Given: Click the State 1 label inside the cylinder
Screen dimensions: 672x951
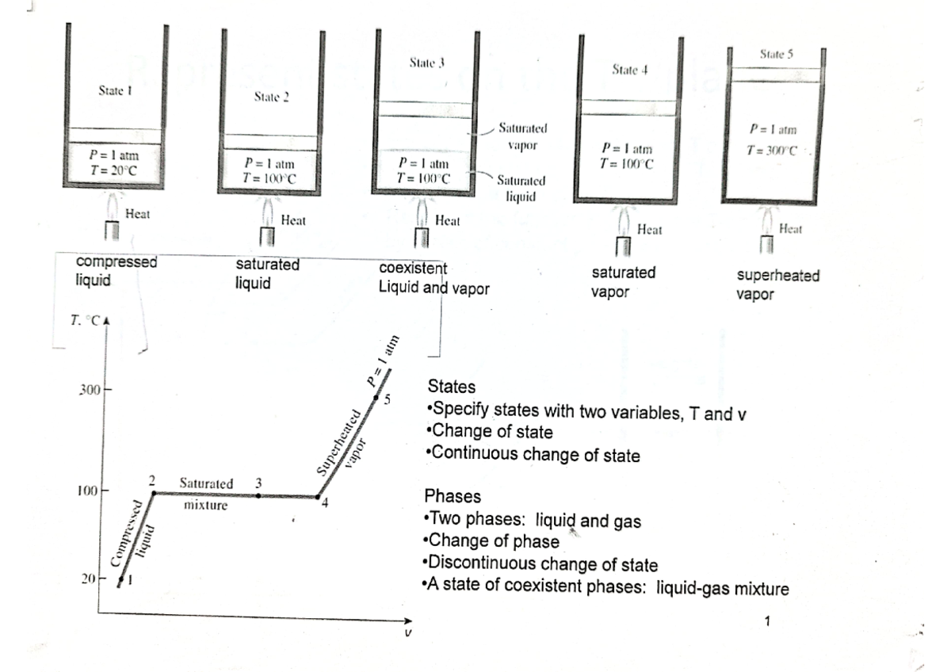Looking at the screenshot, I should (113, 91).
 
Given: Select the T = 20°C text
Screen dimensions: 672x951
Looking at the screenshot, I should (115, 169).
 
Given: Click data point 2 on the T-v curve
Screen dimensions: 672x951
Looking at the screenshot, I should (154, 493).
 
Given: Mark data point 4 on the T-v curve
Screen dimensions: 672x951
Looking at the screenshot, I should (318, 498).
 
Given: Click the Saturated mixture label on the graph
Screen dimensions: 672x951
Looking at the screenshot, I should (206, 493).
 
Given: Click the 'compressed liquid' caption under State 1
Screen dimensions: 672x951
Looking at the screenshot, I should (117, 270).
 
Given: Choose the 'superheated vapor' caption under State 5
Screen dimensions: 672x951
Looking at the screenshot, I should (777, 284).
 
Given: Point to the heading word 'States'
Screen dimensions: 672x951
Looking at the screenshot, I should (451, 388).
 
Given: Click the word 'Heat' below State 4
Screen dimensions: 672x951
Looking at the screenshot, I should (649, 230).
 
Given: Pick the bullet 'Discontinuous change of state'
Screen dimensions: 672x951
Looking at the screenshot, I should (542, 564).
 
